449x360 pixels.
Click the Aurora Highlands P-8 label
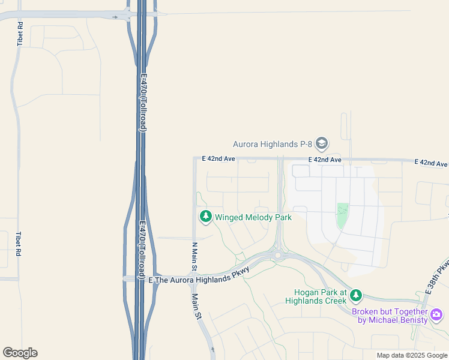point(273,144)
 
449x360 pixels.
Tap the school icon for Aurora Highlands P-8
point(322,143)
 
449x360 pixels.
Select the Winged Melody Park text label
point(253,217)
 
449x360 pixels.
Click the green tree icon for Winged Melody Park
point(206,217)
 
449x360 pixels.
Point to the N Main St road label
point(194,256)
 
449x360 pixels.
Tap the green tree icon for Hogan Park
point(356,295)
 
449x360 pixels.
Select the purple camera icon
point(436,314)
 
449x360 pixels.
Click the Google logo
point(20,353)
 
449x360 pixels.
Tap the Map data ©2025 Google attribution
point(412,355)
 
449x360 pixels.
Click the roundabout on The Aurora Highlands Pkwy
point(278,256)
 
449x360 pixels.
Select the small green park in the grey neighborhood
point(342,215)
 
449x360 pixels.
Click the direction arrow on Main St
point(212,349)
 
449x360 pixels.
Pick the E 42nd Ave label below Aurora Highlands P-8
point(325,160)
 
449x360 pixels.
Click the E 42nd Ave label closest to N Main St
point(218,158)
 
